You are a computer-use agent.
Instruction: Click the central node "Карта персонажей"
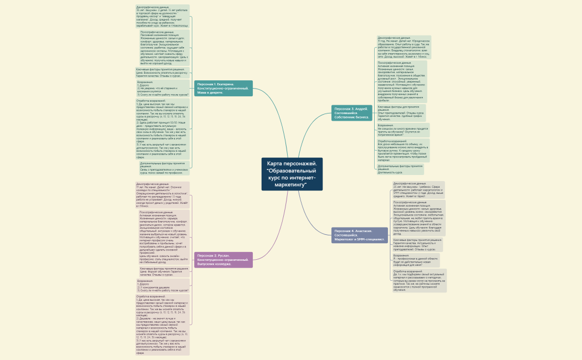click(x=292, y=174)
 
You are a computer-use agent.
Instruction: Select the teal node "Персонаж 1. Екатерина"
click(x=224, y=88)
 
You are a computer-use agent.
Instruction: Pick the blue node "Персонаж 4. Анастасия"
click(x=360, y=235)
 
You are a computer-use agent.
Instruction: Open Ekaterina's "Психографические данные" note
click(x=164, y=48)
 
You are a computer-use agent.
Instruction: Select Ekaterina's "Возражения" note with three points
click(x=162, y=88)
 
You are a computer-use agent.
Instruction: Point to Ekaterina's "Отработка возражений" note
click(x=162, y=128)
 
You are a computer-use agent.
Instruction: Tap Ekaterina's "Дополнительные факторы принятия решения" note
click(x=164, y=168)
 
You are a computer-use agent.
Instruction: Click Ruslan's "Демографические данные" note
click(x=162, y=194)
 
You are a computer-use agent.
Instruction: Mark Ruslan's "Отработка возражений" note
click(x=162, y=325)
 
